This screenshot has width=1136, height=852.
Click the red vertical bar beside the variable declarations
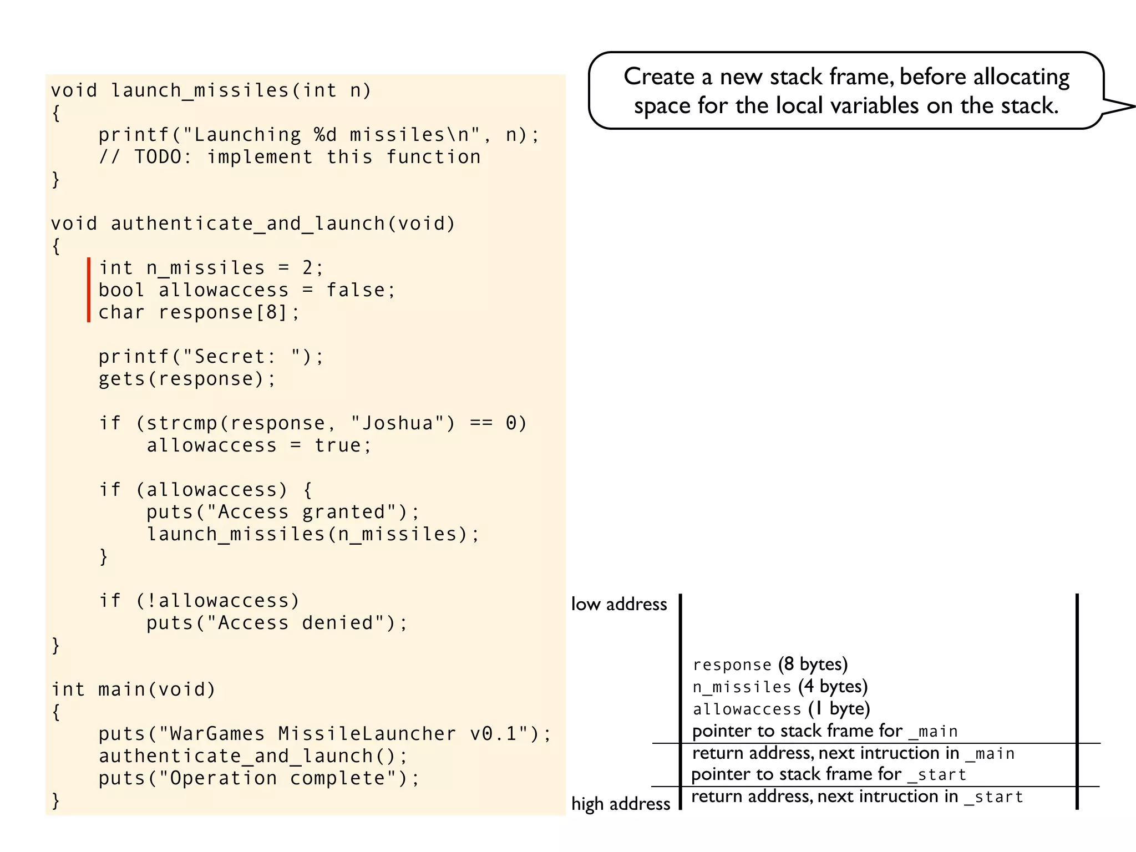tap(89, 290)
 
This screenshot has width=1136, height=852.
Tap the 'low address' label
tap(619, 604)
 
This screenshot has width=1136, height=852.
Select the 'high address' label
tap(621, 804)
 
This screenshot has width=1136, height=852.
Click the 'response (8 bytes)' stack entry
tap(770, 665)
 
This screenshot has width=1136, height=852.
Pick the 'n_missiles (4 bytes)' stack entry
tap(780, 687)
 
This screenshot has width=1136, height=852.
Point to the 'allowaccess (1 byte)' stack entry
tap(781, 709)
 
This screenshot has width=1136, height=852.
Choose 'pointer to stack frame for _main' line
tap(825, 731)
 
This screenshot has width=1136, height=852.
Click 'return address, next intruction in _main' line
tap(853, 753)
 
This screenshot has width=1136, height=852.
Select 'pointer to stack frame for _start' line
tap(829, 774)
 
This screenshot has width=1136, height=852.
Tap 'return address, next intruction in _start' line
tap(857, 797)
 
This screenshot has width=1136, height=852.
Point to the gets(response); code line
tap(187, 379)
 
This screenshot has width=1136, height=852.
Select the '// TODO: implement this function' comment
tap(290, 157)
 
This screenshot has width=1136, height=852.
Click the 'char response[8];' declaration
tap(199, 312)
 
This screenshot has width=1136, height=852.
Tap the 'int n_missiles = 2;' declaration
tap(211, 268)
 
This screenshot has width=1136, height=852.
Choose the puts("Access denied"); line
tap(277, 623)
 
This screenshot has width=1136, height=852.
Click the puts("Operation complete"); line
tap(259, 778)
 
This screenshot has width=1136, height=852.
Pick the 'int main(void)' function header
tap(133, 689)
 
